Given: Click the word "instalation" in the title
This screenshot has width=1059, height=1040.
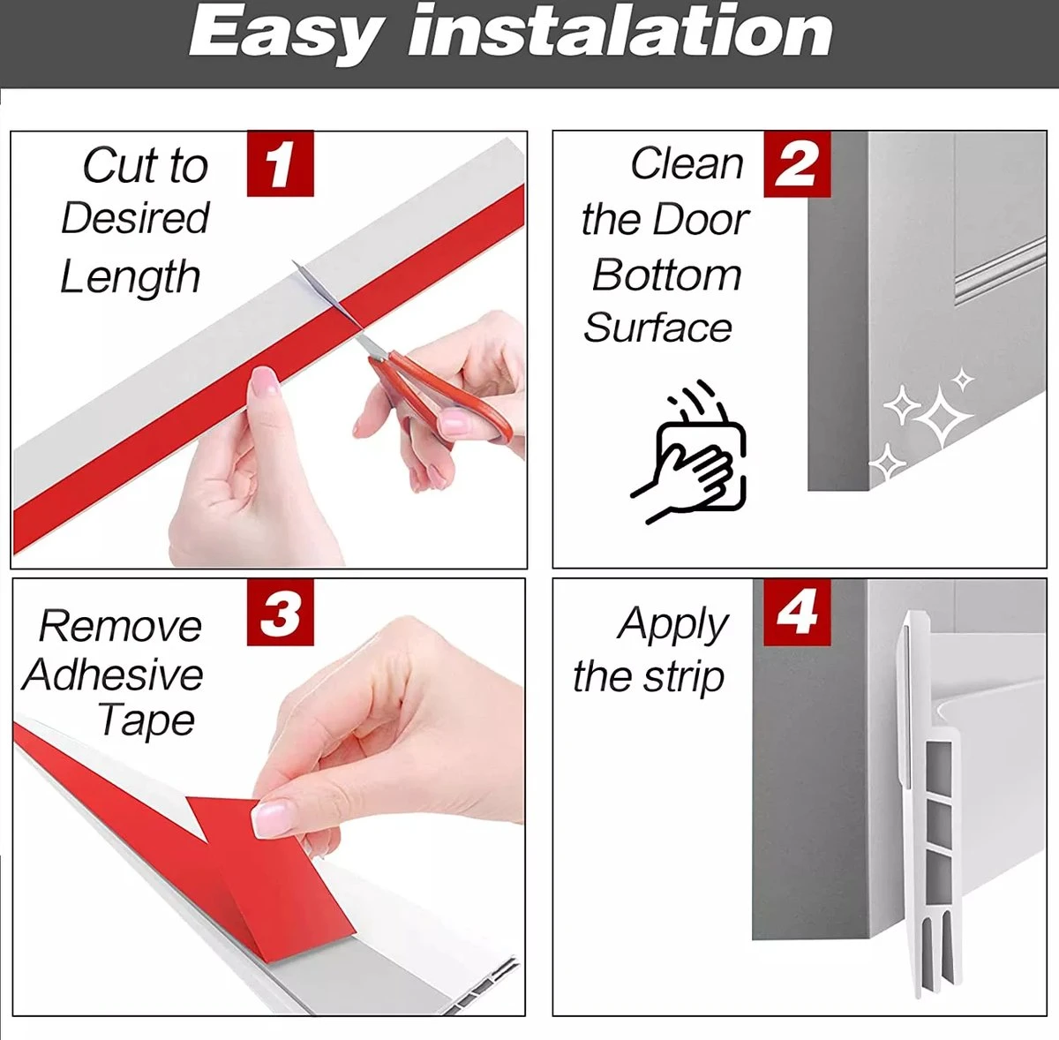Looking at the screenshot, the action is coord(620,32).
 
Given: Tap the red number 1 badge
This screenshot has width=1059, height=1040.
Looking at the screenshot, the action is coord(281,163).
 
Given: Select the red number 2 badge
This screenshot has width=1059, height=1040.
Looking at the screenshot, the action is coord(797,164).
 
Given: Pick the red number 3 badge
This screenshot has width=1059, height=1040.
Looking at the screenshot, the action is coord(281,612).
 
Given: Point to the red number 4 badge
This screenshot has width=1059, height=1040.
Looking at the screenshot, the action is coord(797,612).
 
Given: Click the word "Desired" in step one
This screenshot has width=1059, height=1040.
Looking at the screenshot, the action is coord(135,218).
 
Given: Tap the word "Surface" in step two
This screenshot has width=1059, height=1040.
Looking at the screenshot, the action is coord(657,328).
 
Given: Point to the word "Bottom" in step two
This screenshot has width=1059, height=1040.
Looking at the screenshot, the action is coord(667,275).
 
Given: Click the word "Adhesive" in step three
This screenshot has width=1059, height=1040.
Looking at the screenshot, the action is coord(113,674).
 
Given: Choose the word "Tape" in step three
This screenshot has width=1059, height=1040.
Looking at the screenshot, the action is coord(146,721).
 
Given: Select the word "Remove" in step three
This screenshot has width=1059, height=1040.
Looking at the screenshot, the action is coord(120,627).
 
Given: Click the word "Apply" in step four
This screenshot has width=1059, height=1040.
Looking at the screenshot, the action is coord(672,625).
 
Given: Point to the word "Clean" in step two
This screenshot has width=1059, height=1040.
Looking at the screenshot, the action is coord(687,164).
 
